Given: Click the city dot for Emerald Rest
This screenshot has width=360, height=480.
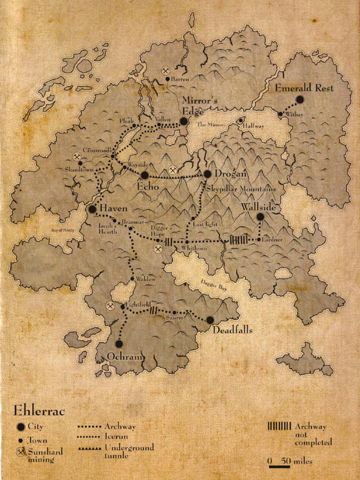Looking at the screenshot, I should coord(300,99).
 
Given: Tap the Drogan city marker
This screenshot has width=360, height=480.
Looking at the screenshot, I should coord(208,174).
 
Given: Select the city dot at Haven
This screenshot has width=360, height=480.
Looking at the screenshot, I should coord(92,209).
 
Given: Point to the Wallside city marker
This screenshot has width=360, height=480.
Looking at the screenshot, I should coord(260,217).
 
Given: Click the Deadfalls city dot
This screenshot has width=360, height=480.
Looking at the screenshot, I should coord(210,320).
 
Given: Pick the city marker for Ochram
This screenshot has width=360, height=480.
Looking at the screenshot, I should coord(119,344).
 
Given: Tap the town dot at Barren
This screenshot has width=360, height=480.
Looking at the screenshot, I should coord(167,79).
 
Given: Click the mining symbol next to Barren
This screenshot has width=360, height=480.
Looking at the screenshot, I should coord(165,70).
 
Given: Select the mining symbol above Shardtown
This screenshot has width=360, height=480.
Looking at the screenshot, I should coord(77,157).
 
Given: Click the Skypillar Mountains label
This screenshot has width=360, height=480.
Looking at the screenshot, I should coord(241,188).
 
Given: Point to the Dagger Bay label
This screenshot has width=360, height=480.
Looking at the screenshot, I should coord(214,285).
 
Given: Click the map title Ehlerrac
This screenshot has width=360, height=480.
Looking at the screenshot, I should coord(39,411).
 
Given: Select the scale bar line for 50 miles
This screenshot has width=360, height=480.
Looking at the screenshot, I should coord(279,467).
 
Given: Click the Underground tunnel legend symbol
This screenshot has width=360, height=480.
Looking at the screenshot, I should coord(90,448).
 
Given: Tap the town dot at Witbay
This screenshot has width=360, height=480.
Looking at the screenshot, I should coord(280,114).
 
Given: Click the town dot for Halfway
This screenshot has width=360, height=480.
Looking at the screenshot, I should coord(240,120).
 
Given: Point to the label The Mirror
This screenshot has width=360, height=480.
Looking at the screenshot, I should coord(210,125).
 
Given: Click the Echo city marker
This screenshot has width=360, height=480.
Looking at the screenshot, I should coord(145,175).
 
